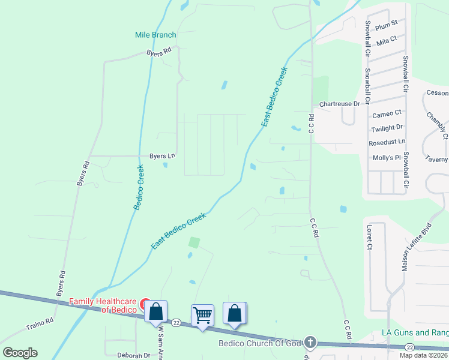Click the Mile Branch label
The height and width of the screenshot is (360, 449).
click(155, 35)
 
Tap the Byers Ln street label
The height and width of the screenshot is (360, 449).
click(162, 156)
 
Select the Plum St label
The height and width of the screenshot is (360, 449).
click(386, 25)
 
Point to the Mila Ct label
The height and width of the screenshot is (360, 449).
click(387, 40)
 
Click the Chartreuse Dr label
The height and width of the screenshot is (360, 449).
click(339, 104)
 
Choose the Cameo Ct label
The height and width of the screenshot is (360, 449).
click(387, 113)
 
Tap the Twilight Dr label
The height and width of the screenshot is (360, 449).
click(387, 128)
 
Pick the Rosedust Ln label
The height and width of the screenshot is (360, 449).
click(387, 142)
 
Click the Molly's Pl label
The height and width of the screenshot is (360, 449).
click(387, 158)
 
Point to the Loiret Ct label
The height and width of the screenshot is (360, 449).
click(369, 238)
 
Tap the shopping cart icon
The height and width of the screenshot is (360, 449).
click(202, 314)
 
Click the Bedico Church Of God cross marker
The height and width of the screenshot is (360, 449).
click(310, 342)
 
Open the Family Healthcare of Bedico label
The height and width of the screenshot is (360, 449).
click(105, 305)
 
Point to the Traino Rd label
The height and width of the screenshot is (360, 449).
click(40, 324)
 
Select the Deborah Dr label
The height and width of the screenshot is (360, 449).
click(133, 355)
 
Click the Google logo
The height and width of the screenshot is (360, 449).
click(20, 353)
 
